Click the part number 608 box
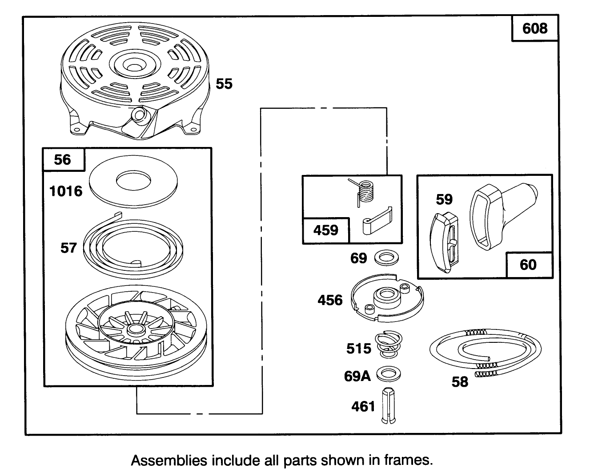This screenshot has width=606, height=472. pyautogui.click(x=535, y=28)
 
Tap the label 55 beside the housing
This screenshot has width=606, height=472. pyautogui.click(x=224, y=84)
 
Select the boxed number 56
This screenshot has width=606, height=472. pyautogui.click(x=63, y=160)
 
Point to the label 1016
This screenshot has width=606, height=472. pyautogui.click(x=66, y=191)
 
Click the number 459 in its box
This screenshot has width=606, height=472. pyautogui.click(x=326, y=230)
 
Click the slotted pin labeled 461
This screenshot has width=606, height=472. pyautogui.click(x=389, y=406)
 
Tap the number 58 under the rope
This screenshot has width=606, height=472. pyautogui.click(x=460, y=381)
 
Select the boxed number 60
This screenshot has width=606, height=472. pyautogui.click(x=528, y=265)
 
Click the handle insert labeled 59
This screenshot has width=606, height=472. pyautogui.click(x=445, y=242)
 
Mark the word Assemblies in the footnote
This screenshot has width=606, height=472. pyautogui.click(x=163, y=460)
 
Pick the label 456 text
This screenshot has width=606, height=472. pyautogui.click(x=330, y=300)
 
